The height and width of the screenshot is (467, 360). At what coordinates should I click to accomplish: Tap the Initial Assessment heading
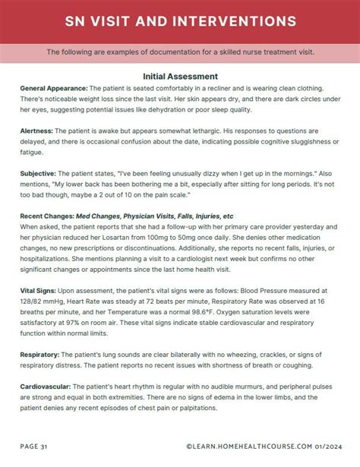pos(180,76)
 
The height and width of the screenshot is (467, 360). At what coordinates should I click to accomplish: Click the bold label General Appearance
pos(54,89)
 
